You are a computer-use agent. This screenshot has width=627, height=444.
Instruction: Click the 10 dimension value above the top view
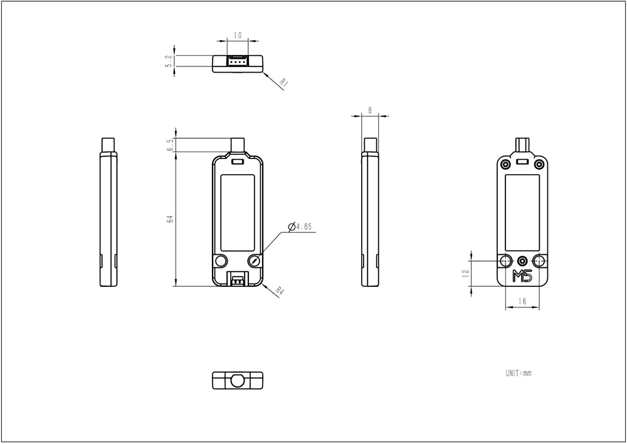pyautogui.click(x=238, y=35)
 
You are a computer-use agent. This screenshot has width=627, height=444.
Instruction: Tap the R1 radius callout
pyautogui.click(x=284, y=83)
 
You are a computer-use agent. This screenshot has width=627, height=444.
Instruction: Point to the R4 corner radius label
pyautogui.click(x=280, y=291)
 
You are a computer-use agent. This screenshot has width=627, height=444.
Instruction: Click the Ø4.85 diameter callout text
pyautogui.click(x=300, y=227)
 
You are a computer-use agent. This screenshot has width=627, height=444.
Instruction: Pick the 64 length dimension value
pyautogui.click(x=170, y=219)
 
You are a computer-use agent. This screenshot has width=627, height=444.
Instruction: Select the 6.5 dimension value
pyautogui.click(x=171, y=145)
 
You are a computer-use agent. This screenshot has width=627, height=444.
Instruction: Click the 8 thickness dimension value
pyautogui.click(x=370, y=110)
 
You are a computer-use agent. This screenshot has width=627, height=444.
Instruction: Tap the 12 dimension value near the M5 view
pyautogui.click(x=465, y=274)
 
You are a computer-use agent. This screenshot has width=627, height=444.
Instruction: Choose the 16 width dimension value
pyautogui.click(x=522, y=301)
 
